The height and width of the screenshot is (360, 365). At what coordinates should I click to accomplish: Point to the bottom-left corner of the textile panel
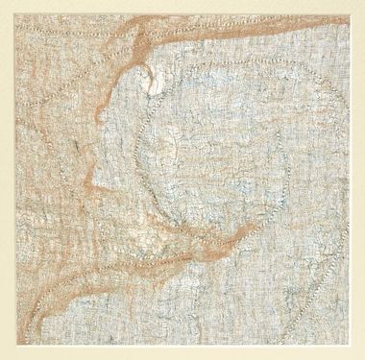point(16,344)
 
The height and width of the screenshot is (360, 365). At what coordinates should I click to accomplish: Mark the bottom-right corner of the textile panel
point(350,344)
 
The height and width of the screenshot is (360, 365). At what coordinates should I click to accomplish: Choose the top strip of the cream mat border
point(182,7)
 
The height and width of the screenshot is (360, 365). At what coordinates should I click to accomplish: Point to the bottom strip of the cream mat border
point(182,351)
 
